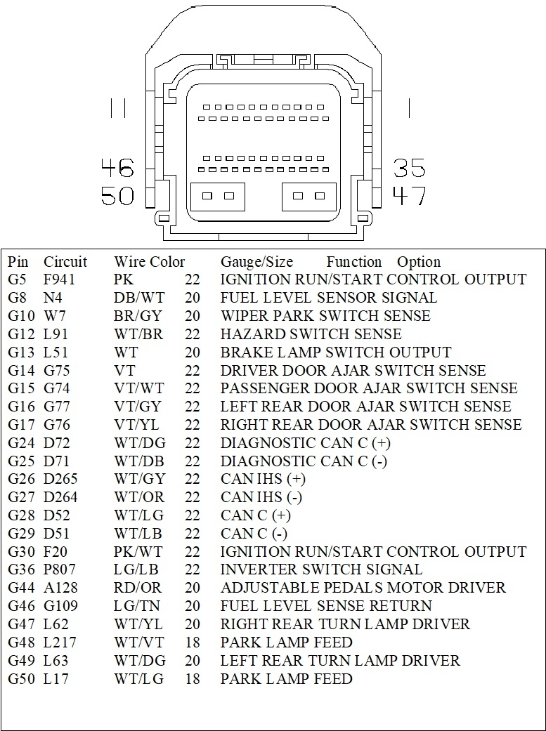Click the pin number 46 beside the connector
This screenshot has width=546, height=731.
tap(117, 169)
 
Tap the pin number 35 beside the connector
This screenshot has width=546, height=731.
tap(409, 169)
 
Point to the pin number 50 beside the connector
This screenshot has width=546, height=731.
tap(117, 195)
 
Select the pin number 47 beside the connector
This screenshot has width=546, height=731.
tap(409, 195)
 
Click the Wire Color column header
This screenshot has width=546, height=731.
tap(149, 262)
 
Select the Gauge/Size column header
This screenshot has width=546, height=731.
tap(256, 262)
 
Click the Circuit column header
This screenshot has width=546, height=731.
tap(65, 262)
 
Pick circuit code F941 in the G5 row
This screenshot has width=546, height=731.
tap(60, 279)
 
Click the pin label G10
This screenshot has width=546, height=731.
tap(21, 316)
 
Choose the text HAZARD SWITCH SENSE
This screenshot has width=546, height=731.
tap(311, 334)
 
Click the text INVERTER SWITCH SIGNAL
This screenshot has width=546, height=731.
tap(321, 569)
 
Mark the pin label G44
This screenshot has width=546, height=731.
tap(21, 588)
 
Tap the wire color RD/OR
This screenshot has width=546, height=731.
tap(137, 588)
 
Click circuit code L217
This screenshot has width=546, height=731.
tap(60, 643)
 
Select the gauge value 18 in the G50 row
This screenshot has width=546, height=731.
tap(193, 679)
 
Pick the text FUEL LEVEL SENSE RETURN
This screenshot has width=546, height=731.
tap(326, 606)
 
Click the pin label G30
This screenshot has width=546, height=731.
tap(21, 552)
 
